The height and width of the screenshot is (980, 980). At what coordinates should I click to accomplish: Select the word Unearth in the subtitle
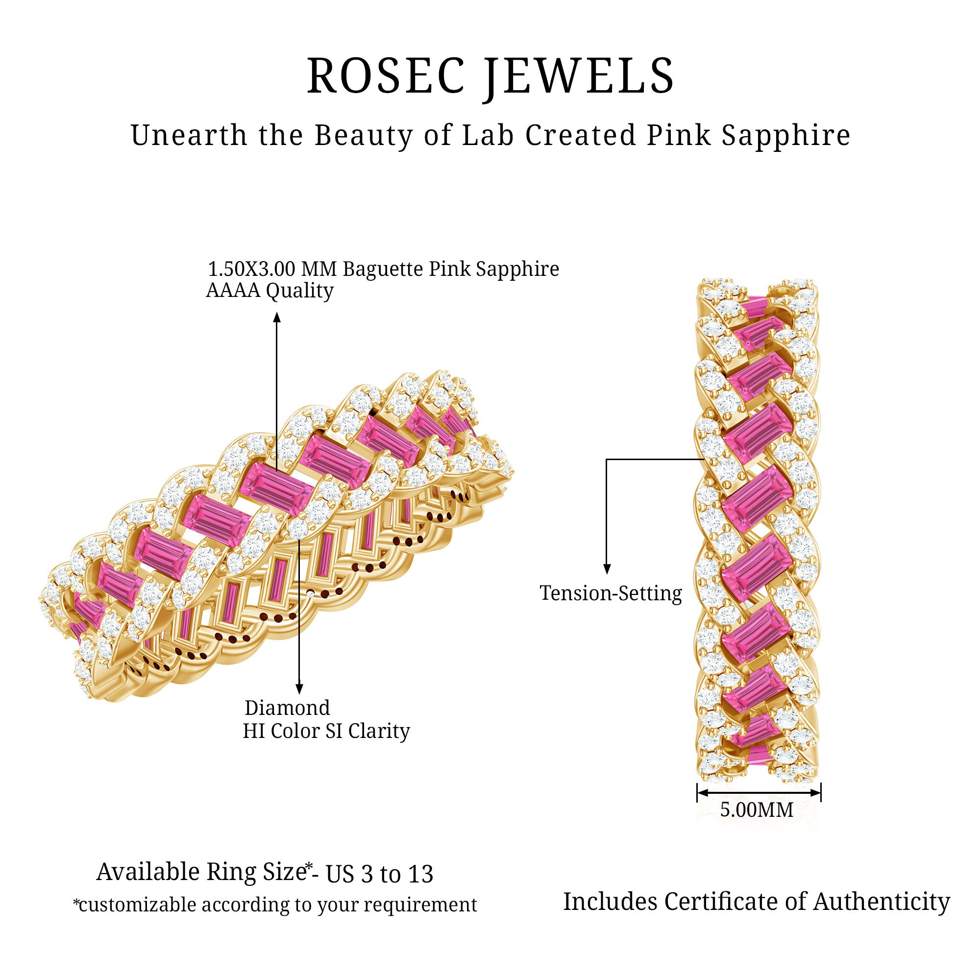188,135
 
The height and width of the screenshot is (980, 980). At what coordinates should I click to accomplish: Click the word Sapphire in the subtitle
786,136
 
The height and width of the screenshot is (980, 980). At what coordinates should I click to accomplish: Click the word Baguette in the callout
383,269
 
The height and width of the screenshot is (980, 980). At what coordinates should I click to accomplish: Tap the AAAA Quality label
269,291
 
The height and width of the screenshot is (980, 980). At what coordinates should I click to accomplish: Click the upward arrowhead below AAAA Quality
277,317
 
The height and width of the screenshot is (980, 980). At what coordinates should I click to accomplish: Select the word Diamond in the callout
287,708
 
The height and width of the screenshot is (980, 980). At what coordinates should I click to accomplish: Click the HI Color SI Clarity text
326,731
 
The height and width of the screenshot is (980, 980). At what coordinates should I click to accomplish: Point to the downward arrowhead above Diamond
299,689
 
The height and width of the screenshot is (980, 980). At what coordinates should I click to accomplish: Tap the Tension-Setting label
611,593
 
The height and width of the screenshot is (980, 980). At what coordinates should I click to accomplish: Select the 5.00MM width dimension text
756,809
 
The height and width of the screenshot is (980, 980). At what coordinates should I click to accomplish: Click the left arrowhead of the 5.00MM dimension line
702,793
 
